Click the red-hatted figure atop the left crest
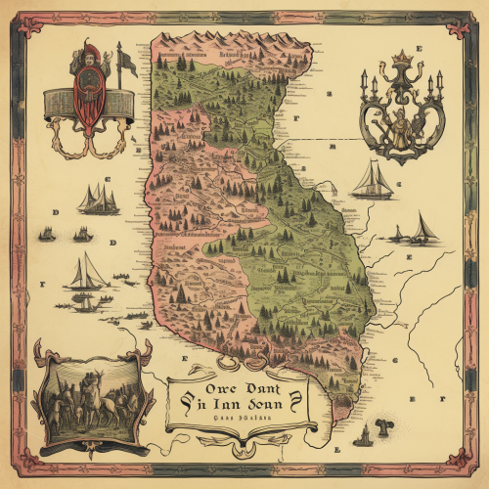click(87, 57)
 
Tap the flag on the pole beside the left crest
click(126, 63)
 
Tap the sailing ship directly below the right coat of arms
click(374, 181)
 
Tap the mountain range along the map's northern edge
click(235, 44)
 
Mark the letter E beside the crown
click(418, 48)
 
